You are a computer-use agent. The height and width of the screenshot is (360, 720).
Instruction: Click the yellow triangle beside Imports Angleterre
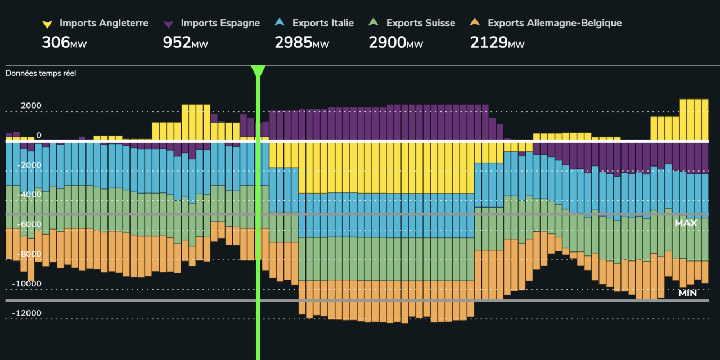pos(48,24)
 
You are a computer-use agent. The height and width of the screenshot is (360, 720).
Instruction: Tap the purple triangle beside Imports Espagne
pos(169,24)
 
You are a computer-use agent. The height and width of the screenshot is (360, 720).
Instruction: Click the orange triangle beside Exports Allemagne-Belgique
pos(475,23)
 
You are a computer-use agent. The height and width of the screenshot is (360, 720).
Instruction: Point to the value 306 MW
pos(64,43)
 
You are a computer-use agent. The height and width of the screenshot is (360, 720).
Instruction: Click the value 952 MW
pos(185,43)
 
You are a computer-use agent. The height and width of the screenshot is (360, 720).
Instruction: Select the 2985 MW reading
pos(301,43)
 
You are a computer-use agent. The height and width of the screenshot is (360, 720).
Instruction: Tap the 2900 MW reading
pos(395,43)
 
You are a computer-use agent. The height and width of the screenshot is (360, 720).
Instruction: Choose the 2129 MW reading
pos(497,43)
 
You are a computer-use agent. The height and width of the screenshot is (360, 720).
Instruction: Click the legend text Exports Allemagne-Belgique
pos(555,23)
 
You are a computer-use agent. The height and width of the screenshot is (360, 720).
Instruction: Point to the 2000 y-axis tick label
pos(31,106)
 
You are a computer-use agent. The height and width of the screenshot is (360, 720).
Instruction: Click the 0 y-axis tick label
pos(39,135)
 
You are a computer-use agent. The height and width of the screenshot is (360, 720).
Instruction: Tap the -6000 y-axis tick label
pos(29,224)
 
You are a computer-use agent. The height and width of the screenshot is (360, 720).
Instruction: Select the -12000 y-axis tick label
pos(27,313)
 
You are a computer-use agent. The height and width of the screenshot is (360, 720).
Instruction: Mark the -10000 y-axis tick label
pos(27,283)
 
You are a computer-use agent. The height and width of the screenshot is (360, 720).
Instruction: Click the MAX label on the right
pos(686,223)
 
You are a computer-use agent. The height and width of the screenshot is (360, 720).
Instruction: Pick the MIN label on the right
pos(687,293)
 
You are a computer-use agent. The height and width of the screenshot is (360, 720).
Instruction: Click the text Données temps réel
pos(40,73)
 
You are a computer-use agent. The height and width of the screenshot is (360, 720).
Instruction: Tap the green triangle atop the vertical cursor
pos(258,71)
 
